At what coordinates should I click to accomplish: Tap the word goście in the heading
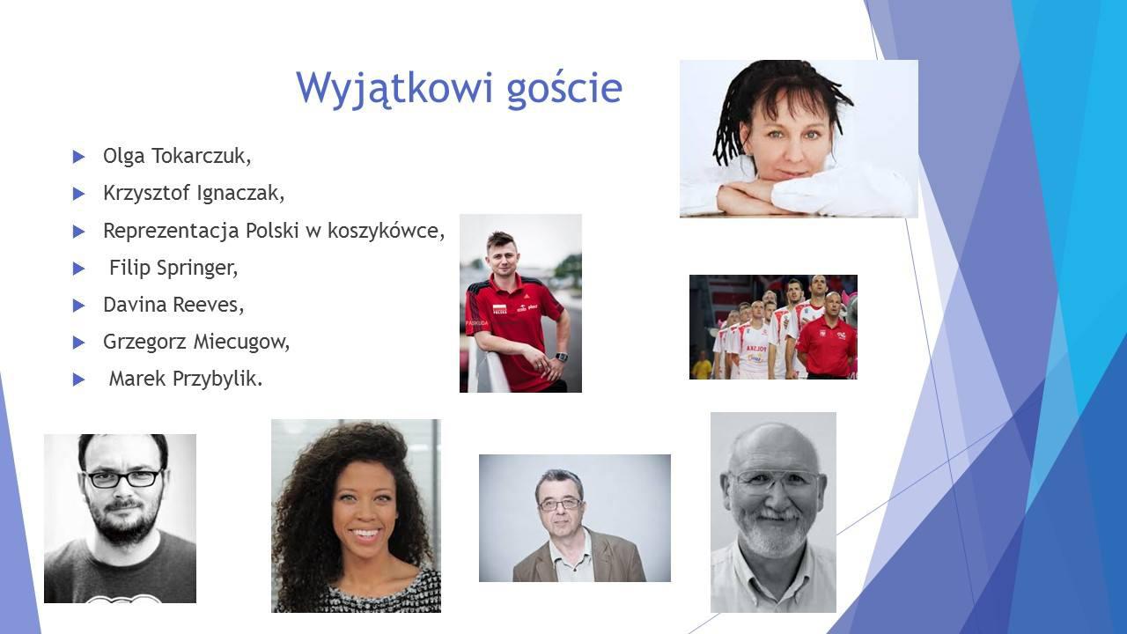(x=565, y=89)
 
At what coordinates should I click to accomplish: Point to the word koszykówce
(x=386, y=231)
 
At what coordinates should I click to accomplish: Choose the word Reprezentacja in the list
(x=171, y=232)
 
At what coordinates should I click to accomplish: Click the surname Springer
(x=197, y=269)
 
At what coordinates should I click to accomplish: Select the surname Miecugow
(x=241, y=343)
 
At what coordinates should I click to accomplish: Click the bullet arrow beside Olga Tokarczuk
(x=78, y=157)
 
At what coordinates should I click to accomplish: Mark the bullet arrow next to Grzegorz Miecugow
(x=78, y=343)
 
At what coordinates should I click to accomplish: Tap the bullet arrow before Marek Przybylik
(x=78, y=380)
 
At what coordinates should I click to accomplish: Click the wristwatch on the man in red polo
(x=561, y=357)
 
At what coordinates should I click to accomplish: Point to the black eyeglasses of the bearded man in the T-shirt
(x=123, y=478)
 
